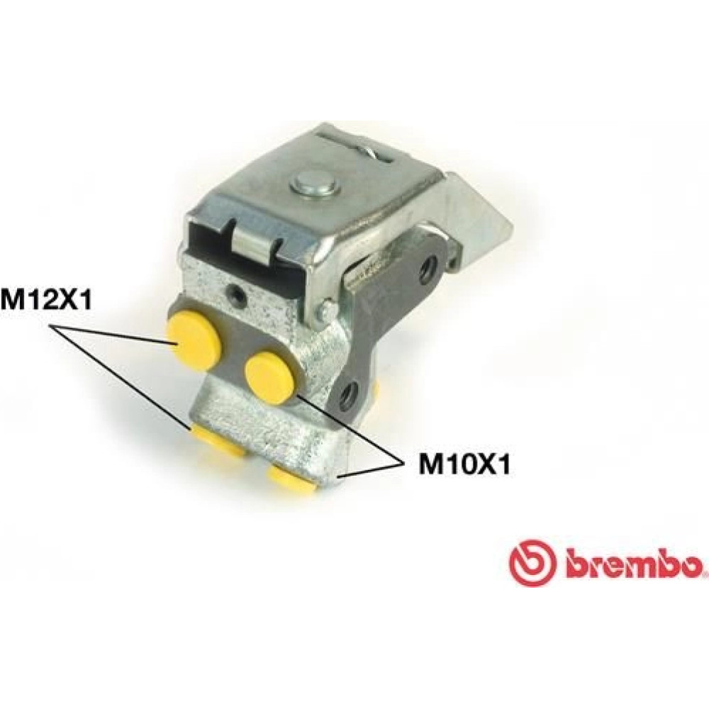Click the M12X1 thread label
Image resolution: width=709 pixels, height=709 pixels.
pyautogui.click(x=45, y=300)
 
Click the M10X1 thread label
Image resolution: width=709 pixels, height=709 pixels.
pyautogui.click(x=464, y=464)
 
